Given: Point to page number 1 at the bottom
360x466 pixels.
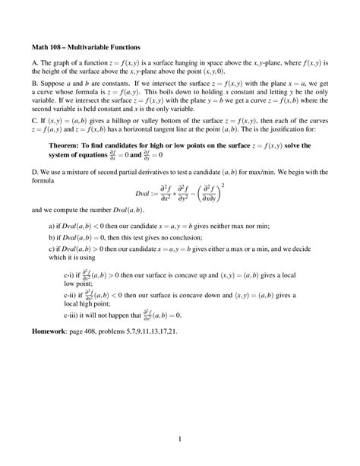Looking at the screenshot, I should pos(180,439).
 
